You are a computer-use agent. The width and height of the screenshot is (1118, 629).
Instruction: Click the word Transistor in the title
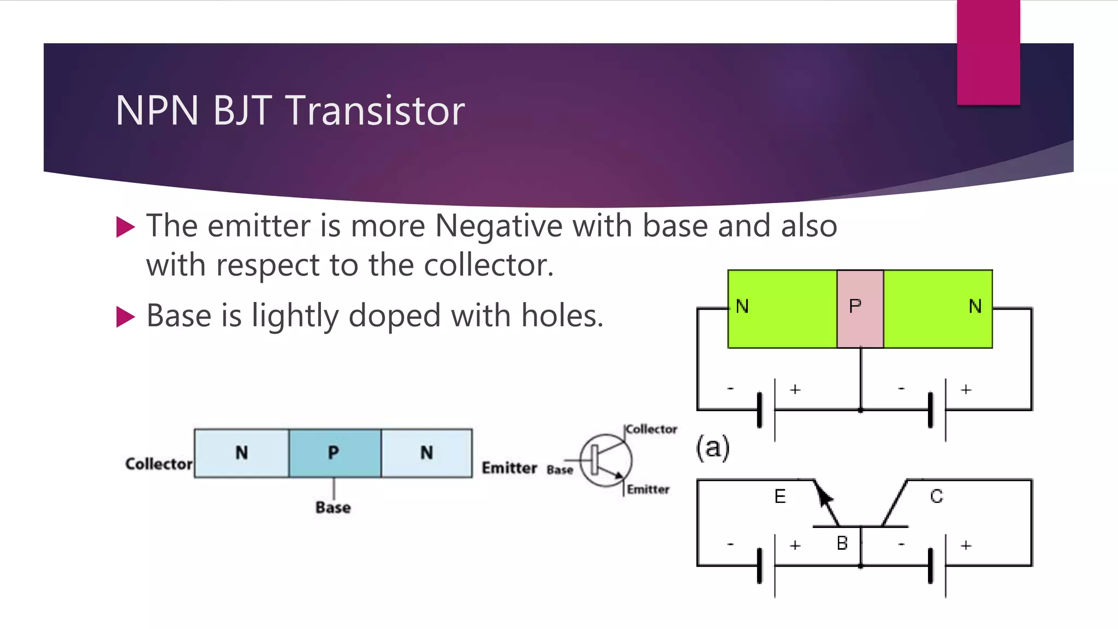(375, 111)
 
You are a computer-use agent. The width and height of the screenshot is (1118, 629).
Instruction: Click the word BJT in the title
(242, 111)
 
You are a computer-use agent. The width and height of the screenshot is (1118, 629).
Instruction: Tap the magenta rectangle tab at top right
(988, 52)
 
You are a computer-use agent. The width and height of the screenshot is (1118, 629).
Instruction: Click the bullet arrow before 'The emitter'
(126, 227)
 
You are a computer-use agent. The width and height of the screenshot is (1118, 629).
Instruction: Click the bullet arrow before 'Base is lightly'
(126, 317)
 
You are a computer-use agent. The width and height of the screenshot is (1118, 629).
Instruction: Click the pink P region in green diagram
(860, 308)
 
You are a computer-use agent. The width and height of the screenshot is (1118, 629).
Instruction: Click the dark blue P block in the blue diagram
(335, 453)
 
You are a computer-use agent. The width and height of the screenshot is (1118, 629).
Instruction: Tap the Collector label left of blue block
(158, 464)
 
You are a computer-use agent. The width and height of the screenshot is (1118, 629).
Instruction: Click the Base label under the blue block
(333, 507)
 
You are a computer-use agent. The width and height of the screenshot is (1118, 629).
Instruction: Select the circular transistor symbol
(605, 460)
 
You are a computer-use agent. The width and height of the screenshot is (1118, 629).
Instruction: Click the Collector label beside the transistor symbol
(651, 429)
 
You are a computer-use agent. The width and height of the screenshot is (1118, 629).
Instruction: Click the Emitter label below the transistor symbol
(648, 489)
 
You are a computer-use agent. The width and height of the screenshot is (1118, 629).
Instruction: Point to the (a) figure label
(712, 448)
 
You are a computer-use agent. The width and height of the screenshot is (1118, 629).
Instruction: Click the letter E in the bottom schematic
(780, 496)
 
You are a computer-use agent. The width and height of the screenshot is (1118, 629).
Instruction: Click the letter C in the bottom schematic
(936, 496)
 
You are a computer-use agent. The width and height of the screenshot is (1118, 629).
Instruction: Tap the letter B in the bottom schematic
(842, 543)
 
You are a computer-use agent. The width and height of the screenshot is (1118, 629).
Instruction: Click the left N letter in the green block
(742, 306)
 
